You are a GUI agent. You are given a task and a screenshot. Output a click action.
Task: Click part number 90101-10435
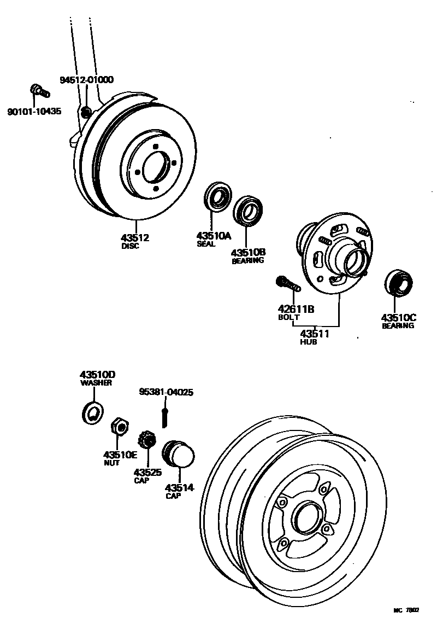tap(34, 112)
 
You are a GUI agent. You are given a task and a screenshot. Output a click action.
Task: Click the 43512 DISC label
tap(135, 238)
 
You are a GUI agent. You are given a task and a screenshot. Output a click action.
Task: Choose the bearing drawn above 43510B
tap(249, 211)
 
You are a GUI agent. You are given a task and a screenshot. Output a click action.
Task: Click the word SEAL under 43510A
tap(206, 244)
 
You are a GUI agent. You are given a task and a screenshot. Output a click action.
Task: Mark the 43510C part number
tap(398, 317)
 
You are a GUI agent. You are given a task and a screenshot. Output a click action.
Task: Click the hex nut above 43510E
tap(119, 426)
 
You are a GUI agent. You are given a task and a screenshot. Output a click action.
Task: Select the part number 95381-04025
tap(166, 392)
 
